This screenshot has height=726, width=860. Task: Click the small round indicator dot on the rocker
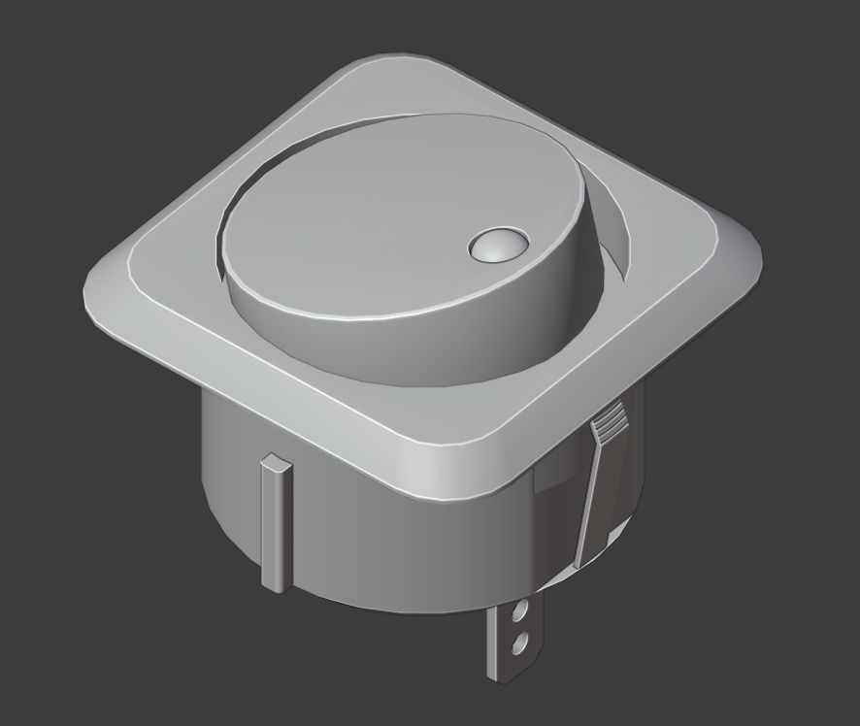pyautogui.click(x=497, y=246)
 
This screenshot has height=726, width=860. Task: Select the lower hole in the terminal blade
pyautogui.click(x=519, y=643)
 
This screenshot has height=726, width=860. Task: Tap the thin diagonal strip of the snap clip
pyautogui.click(x=587, y=505)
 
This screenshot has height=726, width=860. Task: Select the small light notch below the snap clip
pyautogui.click(x=614, y=535)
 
